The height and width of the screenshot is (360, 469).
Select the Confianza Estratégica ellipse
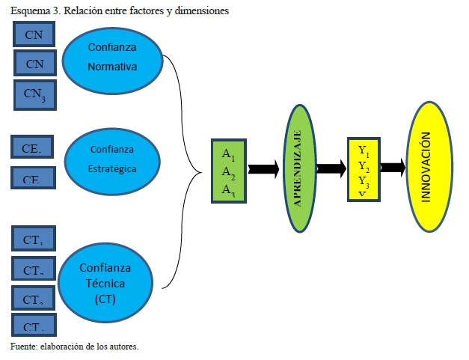click(x=113, y=159)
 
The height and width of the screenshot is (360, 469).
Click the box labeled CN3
click(x=34, y=94)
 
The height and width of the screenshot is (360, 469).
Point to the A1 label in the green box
click(x=229, y=153)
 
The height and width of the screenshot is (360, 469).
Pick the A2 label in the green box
click(x=229, y=175)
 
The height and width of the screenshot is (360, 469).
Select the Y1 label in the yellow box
click(x=364, y=150)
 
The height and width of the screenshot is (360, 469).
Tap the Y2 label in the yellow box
click(x=364, y=165)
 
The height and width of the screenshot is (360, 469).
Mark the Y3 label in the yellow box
click(x=364, y=180)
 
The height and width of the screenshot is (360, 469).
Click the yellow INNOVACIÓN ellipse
click(x=427, y=167)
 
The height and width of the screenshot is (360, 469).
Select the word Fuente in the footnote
click(x=23, y=347)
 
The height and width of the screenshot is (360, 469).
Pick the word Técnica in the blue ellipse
click(x=106, y=284)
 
